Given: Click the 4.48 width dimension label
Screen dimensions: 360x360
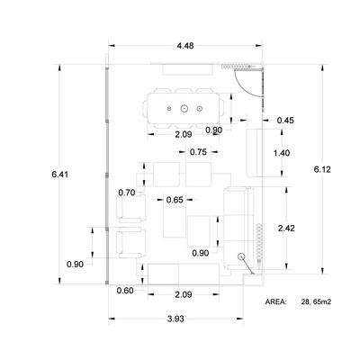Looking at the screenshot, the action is click(185, 46).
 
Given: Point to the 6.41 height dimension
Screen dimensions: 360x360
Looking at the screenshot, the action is click(60, 175).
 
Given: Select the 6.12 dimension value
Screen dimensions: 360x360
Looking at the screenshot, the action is click(322, 169).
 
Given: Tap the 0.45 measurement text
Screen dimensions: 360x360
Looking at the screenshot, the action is click(285, 121).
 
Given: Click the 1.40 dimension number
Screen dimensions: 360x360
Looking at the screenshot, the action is click(282, 153).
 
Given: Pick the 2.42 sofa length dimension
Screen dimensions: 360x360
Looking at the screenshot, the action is click(286, 229).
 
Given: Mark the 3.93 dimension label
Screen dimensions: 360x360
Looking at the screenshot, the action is click(175, 319).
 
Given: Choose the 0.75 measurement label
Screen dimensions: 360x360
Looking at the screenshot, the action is click(198, 152).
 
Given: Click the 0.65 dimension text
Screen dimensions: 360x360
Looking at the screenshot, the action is click(175, 200).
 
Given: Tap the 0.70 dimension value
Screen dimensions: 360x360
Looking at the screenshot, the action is click(127, 193).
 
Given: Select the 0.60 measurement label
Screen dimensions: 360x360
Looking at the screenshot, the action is click(125, 291).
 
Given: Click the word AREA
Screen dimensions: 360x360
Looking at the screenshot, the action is click(275, 302).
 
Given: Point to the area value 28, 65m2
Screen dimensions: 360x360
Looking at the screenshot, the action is click(316, 302).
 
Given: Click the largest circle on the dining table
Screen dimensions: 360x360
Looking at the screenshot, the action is click(184, 109).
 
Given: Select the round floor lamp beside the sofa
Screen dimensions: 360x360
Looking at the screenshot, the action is click(241, 256).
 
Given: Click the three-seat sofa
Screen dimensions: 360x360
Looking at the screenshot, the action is click(238, 228).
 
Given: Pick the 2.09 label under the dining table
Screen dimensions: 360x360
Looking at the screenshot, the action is click(184, 134).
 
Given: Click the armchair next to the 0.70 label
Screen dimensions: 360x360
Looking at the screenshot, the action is click(131, 209).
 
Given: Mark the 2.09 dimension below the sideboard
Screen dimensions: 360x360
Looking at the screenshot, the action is click(184, 294).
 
